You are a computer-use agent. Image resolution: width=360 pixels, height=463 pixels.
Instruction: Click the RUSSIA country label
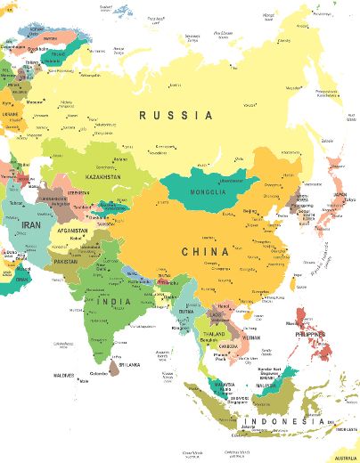[x=176, y=115]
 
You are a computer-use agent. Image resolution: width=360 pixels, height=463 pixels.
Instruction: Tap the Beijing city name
[x=250, y=211]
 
